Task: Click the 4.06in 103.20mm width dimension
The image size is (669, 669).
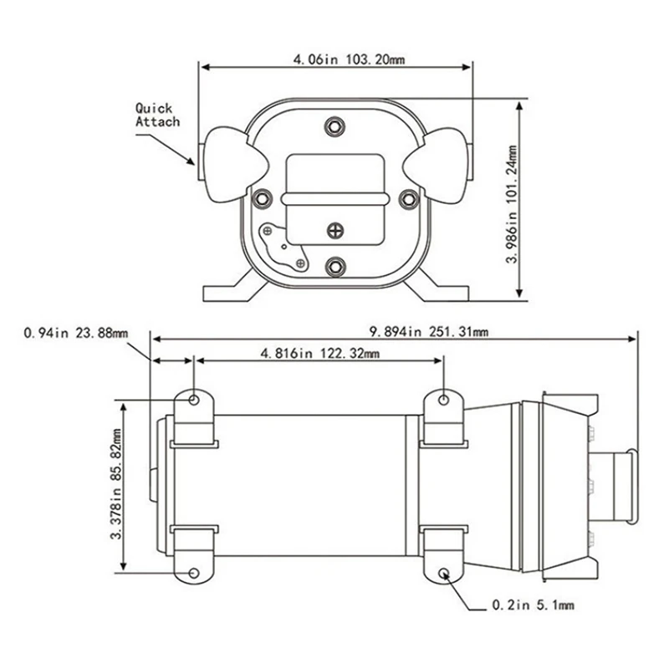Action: coord(335,59)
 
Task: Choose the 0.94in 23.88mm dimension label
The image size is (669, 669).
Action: coord(76,332)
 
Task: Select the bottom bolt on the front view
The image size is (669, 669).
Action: coord(335,266)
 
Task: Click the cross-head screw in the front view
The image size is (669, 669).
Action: coord(335,228)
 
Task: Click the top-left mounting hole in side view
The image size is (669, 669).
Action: coord(195,401)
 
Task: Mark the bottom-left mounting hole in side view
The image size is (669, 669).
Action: coord(195,574)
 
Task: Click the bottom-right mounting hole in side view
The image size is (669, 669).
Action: coord(443,574)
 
